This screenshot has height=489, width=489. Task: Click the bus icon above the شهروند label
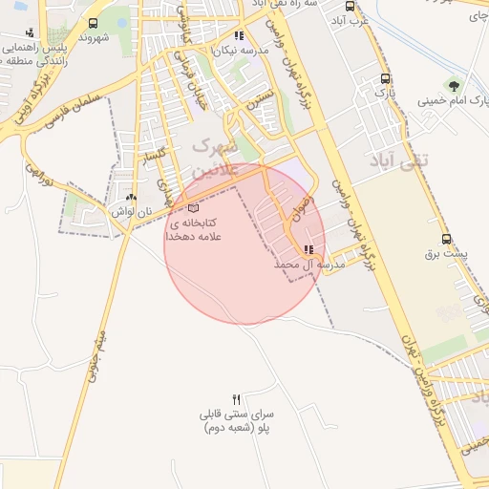coord(93,23)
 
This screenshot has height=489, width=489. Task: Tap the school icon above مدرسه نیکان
coord(239,35)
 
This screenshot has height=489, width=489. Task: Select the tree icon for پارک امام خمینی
coord(454,85)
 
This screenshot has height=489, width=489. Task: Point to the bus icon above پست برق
coord(446,240)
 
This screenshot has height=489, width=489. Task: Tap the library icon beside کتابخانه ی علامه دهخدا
coord(195,207)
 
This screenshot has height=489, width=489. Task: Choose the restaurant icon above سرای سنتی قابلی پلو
coord(237,398)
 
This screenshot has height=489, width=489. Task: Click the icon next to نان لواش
coord(131,197)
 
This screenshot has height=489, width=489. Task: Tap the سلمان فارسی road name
coord(77,102)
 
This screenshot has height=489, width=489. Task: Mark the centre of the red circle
coord(244,244)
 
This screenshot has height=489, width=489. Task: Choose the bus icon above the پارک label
coord(385,79)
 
